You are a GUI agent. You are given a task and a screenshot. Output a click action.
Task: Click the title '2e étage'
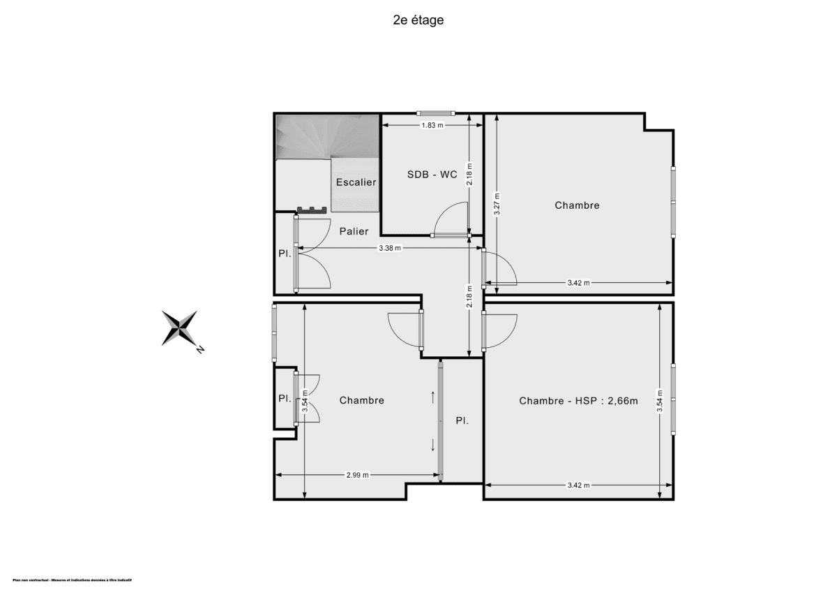[418, 20]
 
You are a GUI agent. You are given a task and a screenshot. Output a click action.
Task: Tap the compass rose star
[179, 328]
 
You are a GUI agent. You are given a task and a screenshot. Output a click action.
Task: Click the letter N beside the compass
[200, 349]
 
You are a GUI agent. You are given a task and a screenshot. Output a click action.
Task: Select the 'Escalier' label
[356, 182]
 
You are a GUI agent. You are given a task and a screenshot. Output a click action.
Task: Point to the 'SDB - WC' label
[432, 174]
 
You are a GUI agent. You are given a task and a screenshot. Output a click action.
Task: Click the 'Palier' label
[354, 231]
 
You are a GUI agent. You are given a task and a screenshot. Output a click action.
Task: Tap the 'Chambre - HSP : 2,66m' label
[578, 400]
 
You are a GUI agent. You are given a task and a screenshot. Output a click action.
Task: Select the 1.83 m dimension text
[432, 125]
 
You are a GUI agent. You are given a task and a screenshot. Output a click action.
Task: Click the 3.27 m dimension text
[496, 205]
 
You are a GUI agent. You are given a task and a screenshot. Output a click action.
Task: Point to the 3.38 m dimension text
[390, 248]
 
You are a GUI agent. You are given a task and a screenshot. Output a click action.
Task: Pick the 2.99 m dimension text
[357, 475]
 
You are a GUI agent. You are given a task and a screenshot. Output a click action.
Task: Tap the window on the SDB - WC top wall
[436, 113]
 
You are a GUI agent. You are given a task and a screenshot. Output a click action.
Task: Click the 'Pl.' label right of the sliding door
[462, 421]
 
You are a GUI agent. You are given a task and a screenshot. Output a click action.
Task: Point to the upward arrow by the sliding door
[433, 397]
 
